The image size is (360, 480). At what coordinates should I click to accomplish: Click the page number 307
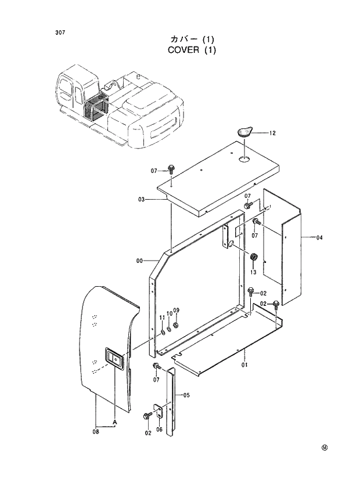(60, 33)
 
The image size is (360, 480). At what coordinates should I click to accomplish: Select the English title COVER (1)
(192, 50)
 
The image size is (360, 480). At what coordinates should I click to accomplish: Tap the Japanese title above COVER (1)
(192, 39)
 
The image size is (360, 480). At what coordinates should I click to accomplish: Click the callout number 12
(272, 133)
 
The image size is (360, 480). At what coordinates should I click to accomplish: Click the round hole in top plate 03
(244, 158)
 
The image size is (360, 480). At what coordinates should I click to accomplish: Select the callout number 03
(141, 200)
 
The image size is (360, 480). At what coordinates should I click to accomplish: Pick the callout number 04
(319, 237)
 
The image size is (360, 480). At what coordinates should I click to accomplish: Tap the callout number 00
(139, 261)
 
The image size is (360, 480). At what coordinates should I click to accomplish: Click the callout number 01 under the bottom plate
(244, 365)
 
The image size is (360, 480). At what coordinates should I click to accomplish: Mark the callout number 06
(159, 429)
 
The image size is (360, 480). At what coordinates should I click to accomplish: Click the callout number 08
(95, 431)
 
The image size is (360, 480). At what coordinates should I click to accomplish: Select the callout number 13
(253, 272)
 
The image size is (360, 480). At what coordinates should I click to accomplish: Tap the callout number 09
(177, 310)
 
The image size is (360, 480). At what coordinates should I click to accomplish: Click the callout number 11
(163, 317)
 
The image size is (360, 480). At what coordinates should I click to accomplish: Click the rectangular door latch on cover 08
(114, 360)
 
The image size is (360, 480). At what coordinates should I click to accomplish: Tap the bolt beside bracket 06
(146, 416)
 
